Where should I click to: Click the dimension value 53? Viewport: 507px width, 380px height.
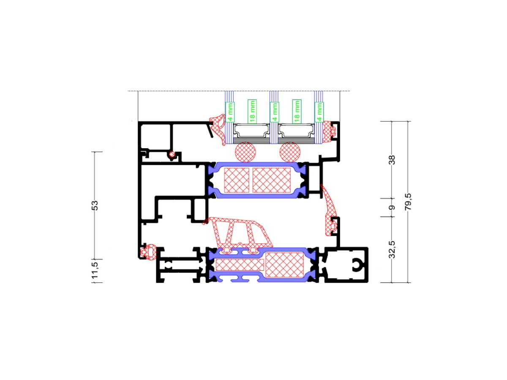pyautogui.click(x=95, y=205)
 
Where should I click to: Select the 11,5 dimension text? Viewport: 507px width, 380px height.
pyautogui.click(x=95, y=271)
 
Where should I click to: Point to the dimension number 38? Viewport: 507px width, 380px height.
pyautogui.click(x=392, y=160)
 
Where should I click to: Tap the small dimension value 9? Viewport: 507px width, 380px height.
pyautogui.click(x=392, y=208)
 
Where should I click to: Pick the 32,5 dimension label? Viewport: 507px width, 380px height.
pyautogui.click(x=392, y=250)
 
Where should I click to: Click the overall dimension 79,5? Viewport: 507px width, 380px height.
pyautogui.click(x=408, y=201)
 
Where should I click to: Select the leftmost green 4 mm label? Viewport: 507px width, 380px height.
pyautogui.click(x=230, y=112)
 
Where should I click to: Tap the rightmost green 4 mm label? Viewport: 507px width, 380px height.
pyautogui.click(x=319, y=112)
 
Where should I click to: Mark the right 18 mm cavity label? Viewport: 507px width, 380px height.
pyautogui.click(x=297, y=111)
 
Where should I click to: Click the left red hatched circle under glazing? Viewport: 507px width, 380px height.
pyautogui.click(x=246, y=152)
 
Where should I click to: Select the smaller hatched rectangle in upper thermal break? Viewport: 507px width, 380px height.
pyautogui.click(x=237, y=180)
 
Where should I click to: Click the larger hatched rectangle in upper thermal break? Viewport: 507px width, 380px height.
pyautogui.click(x=272, y=180)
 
